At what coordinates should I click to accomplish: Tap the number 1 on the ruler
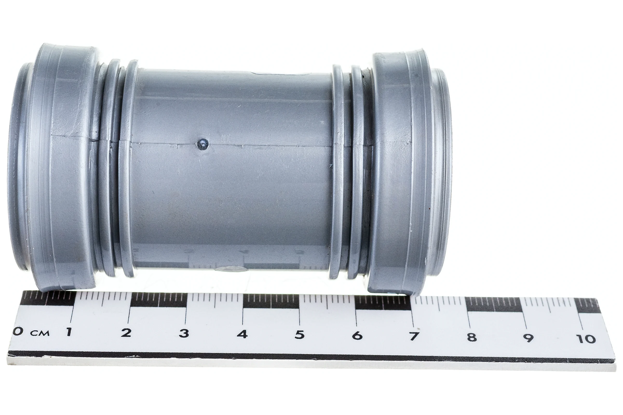coord(69,332)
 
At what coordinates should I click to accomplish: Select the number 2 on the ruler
coord(126,333)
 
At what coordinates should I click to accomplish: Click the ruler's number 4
coord(242,334)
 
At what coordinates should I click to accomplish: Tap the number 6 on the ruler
coord(357,336)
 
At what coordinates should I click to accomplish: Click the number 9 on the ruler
coord(528,338)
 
